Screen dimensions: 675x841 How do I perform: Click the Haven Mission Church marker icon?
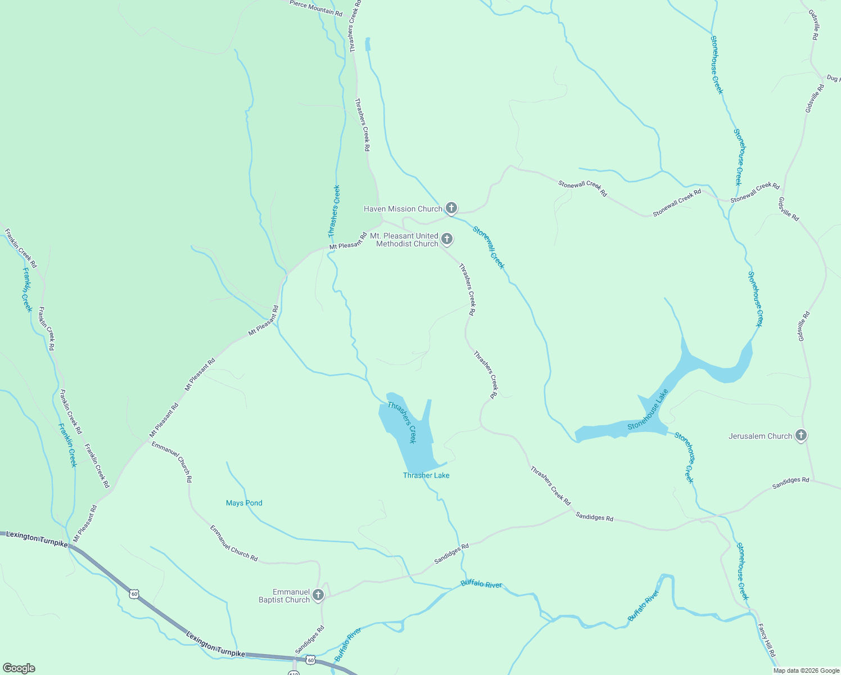click(x=451, y=209)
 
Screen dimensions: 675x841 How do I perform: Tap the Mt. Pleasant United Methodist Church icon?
click(x=446, y=240)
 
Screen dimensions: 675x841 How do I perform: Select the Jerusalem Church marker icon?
click(x=801, y=435)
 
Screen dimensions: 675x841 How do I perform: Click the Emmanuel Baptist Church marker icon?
click(x=318, y=595)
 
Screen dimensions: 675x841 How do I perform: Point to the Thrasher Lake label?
click(x=426, y=475)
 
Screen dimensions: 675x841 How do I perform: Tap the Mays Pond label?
click(x=244, y=503)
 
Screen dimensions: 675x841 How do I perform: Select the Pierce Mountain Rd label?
click(x=316, y=8)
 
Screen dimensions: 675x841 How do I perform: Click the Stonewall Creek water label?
click(x=489, y=247)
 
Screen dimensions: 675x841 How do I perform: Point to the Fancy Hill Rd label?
click(x=766, y=640)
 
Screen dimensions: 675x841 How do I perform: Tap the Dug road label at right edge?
click(x=833, y=78)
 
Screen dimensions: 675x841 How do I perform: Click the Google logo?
click(x=19, y=668)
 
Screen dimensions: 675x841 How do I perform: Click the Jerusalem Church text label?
click(x=760, y=436)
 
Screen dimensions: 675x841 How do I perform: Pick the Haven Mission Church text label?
click(x=403, y=209)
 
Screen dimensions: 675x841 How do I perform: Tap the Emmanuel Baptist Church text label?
click(x=284, y=596)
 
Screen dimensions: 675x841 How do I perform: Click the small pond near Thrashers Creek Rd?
click(x=368, y=44)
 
